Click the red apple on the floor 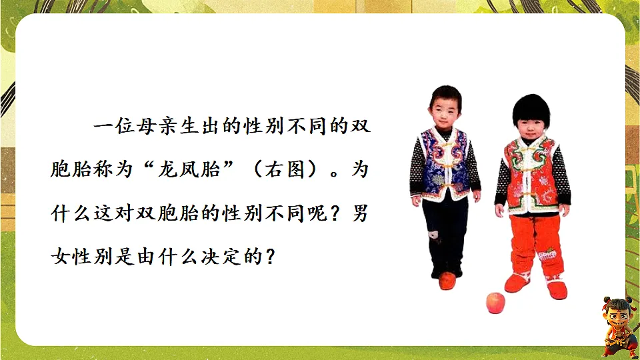pos(496,303)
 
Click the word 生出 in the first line pos(212,127)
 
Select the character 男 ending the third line pos(359,213)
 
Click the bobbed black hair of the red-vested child pos(531,110)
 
